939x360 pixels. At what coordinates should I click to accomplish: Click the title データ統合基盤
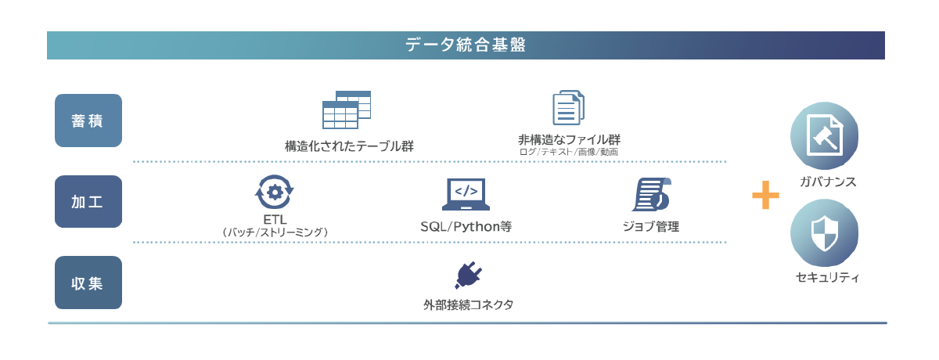[466, 45]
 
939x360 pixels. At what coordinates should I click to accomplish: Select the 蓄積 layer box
[88, 121]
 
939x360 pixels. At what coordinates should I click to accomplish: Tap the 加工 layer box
[88, 201]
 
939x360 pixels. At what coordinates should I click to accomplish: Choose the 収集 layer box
[88, 283]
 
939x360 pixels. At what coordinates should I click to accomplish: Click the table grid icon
[347, 110]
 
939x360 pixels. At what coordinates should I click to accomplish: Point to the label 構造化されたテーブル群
[349, 146]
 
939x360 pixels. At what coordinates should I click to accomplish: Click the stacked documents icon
[568, 108]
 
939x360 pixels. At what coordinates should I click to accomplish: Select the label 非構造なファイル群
[569, 139]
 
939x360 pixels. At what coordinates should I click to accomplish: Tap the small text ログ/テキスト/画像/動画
[569, 152]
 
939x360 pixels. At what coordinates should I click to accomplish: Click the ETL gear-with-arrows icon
[275, 193]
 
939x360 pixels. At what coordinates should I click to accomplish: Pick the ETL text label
[275, 219]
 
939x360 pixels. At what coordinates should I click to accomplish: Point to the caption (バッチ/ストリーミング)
[275, 232]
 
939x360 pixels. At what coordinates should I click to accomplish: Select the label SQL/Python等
[466, 226]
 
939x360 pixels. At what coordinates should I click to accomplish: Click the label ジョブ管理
[651, 226]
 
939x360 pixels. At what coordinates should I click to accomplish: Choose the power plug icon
[468, 275]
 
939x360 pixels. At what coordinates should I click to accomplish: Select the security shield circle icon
[825, 232]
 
